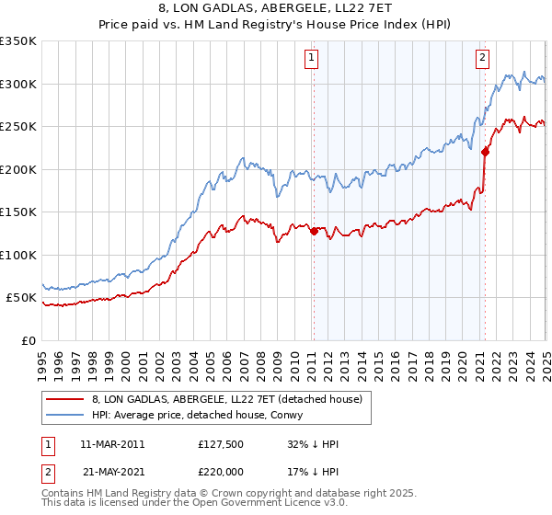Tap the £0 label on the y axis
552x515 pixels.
pos(28,340)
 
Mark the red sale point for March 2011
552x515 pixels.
pos(314,232)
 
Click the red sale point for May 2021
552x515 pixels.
pos(485,153)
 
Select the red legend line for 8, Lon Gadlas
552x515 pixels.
pos(65,399)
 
